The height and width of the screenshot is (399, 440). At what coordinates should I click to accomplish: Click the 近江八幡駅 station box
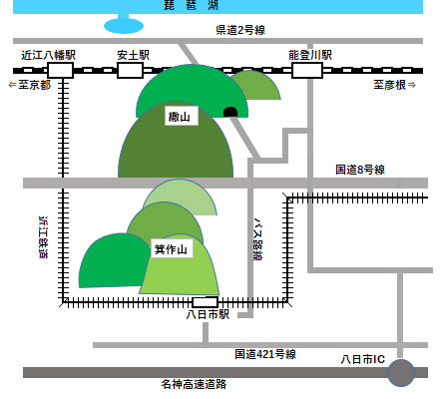(x=60, y=71)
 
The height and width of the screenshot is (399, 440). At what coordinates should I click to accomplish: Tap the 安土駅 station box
(x=130, y=71)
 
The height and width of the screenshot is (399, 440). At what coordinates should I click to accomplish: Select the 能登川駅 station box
(x=307, y=71)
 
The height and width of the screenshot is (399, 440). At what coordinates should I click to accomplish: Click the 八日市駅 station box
(x=206, y=302)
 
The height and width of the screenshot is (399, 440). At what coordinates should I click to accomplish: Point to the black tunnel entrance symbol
(x=230, y=112)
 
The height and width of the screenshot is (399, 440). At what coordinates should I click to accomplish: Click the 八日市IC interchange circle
(x=401, y=373)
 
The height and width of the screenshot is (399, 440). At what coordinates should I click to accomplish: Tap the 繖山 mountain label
(x=182, y=116)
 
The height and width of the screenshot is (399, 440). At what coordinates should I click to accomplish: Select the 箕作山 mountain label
(x=172, y=248)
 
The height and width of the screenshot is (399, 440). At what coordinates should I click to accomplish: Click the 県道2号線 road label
(x=240, y=30)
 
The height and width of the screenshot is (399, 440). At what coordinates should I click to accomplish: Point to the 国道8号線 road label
(x=360, y=170)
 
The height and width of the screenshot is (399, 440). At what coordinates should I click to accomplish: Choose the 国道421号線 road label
(x=265, y=354)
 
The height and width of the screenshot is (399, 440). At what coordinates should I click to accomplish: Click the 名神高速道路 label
(x=194, y=384)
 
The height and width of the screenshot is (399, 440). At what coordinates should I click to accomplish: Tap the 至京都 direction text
(x=30, y=85)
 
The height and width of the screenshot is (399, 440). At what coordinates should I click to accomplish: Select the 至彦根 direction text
(x=394, y=85)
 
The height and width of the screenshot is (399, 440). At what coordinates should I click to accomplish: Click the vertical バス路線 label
(x=258, y=239)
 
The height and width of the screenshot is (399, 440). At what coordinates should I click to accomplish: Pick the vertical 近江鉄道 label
(x=44, y=237)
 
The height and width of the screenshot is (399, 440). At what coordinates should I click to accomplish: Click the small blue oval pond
(x=124, y=26)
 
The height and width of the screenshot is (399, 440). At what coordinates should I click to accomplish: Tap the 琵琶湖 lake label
(x=191, y=5)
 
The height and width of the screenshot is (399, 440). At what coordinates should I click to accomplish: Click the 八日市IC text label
(x=363, y=359)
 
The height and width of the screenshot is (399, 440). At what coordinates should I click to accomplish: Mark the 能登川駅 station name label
(x=310, y=55)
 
